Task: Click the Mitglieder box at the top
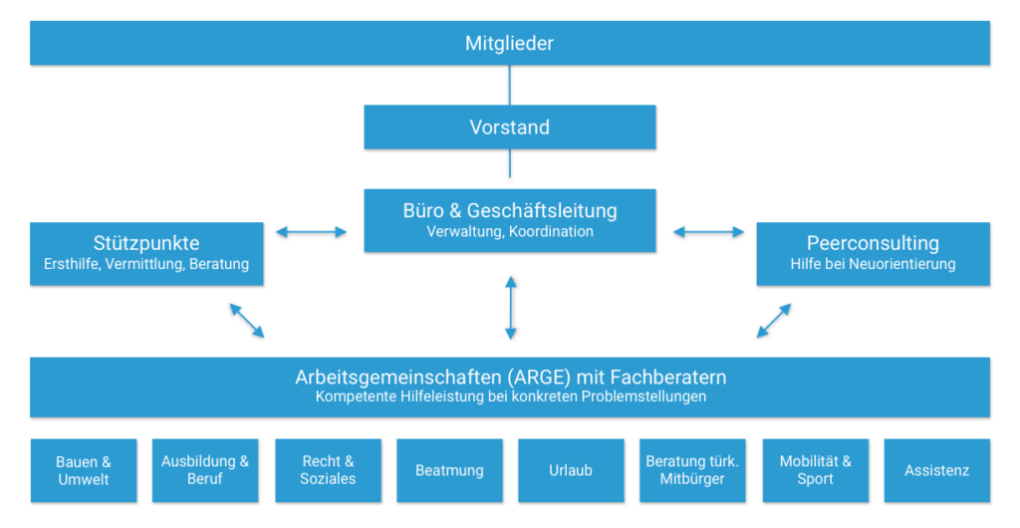coord(509,43)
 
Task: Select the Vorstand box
coord(509,128)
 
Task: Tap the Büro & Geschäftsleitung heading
coord(509,210)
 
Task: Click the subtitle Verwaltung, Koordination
coord(509,232)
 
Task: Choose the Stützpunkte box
coord(146,253)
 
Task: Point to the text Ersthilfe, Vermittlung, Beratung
coord(146,265)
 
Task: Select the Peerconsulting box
coord(873,253)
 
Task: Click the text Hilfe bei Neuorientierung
coord(873,265)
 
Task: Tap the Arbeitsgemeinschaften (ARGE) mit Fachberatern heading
coord(510,378)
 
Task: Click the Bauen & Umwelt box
coord(83,470)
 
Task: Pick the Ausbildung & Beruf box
coord(205,470)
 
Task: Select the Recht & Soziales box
coord(328,470)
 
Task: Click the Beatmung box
coord(449,470)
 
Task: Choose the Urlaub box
coord(571,470)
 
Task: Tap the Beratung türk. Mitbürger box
coord(692,470)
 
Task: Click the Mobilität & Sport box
coord(815,470)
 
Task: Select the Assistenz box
coord(936,470)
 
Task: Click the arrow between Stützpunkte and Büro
coord(312,232)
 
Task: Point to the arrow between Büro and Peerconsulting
coord(708,232)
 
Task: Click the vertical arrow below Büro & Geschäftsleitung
coord(510,308)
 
